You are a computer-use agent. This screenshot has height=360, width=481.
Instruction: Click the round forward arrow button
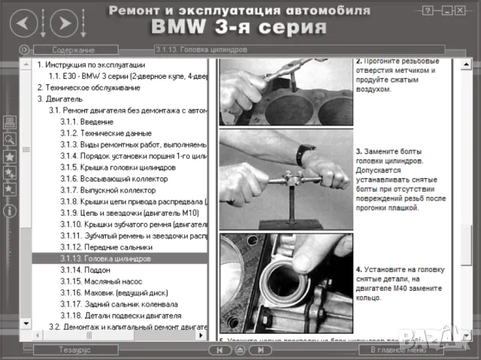point(65,23)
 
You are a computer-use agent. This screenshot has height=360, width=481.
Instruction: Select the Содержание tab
point(73,50)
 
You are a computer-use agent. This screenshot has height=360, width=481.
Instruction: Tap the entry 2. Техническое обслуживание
point(89,87)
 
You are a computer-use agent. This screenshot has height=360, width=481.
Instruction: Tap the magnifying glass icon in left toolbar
point(10,139)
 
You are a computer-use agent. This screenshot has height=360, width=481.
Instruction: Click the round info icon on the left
point(10,211)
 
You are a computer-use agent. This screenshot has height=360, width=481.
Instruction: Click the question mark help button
point(428,11)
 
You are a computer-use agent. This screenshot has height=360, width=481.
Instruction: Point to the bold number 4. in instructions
point(359,268)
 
